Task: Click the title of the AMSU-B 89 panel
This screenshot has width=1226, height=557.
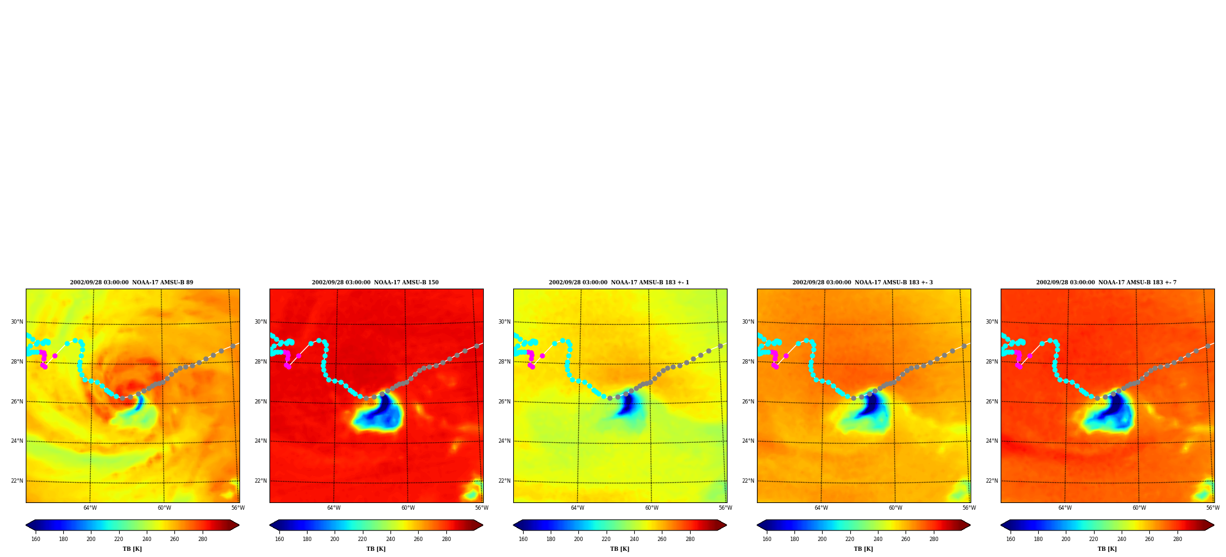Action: (131, 282)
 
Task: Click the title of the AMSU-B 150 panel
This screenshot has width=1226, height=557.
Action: (375, 282)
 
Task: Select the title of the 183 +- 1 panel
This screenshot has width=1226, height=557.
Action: (619, 282)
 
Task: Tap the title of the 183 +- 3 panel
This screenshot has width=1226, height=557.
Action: (863, 282)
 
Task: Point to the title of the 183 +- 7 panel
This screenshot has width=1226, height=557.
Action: (1106, 282)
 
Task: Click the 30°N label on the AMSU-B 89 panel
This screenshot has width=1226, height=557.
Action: (17, 322)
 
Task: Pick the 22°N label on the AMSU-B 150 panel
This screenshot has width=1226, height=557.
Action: (260, 481)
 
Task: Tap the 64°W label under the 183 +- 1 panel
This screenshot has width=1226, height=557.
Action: (578, 508)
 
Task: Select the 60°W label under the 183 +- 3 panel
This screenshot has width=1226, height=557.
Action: (896, 508)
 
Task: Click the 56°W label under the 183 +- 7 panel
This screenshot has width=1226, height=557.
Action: (1212, 508)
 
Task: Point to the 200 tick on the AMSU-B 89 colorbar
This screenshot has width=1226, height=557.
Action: (91, 539)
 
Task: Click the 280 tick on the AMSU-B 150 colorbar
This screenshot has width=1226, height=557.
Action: (446, 539)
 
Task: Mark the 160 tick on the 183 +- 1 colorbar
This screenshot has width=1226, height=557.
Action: (523, 539)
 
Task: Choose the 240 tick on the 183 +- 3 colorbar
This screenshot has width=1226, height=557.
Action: (878, 539)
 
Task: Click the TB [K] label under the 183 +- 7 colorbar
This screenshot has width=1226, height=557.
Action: (1107, 549)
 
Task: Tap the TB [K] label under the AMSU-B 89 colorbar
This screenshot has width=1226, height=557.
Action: (132, 549)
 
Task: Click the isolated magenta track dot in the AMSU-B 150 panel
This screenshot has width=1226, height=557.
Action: (298, 356)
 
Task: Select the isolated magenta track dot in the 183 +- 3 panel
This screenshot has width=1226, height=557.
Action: (786, 356)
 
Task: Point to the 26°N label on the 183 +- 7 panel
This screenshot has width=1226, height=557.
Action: (991, 402)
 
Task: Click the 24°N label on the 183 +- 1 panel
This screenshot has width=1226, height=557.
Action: (504, 441)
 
